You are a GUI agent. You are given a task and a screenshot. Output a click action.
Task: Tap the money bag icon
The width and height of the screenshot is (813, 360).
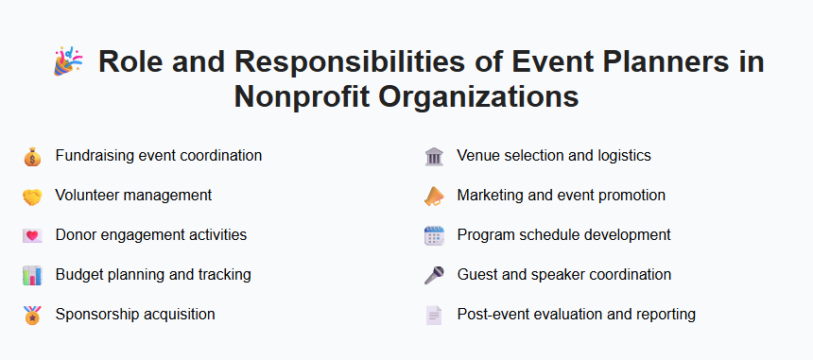pyautogui.click(x=32, y=156)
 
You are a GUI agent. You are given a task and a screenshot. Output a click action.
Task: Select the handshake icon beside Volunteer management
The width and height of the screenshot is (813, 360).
pyautogui.click(x=32, y=196)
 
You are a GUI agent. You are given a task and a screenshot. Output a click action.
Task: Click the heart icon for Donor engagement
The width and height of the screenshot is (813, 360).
pyautogui.click(x=32, y=235)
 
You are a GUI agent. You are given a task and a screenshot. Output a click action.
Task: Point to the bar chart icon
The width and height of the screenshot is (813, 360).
pyautogui.click(x=32, y=275)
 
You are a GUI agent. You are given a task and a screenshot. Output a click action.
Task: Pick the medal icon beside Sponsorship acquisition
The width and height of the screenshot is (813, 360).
pyautogui.click(x=32, y=315)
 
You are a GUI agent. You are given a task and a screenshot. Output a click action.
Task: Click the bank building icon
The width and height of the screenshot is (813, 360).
pyautogui.click(x=433, y=156)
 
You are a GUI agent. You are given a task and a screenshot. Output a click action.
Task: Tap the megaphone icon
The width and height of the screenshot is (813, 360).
pyautogui.click(x=433, y=196)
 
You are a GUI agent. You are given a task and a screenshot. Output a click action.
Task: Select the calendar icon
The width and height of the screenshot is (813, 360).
pyautogui.click(x=433, y=235)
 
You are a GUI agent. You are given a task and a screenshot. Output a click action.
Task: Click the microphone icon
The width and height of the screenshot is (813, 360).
pyautogui.click(x=433, y=275)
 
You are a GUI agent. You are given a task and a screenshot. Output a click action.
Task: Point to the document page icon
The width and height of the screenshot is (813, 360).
pyautogui.click(x=433, y=315)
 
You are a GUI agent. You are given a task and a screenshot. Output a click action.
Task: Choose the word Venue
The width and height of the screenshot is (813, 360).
pyautogui.click(x=478, y=155)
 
